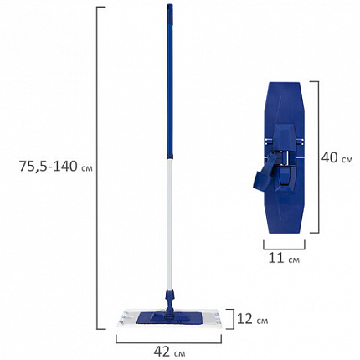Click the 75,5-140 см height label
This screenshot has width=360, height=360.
[x=55, y=167]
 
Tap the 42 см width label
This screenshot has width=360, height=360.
[x=169, y=352]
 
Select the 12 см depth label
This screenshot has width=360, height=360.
[x=252, y=319]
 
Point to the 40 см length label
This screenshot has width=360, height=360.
[x=337, y=157]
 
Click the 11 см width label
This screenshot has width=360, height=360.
[x=284, y=258]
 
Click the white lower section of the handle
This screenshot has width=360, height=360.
[x=170, y=224]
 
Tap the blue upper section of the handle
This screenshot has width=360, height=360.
[x=170, y=80]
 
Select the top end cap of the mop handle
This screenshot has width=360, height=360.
[x=170, y=8]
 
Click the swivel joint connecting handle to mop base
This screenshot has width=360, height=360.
[x=170, y=302]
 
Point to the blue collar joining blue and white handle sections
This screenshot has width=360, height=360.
[x=170, y=156]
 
